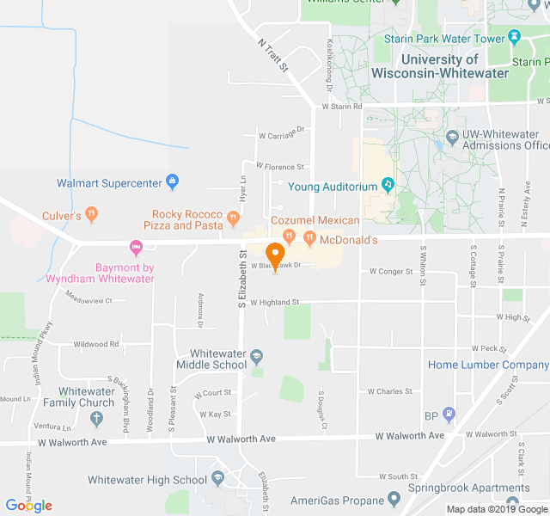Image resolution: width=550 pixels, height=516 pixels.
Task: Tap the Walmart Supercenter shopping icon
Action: click(173, 181)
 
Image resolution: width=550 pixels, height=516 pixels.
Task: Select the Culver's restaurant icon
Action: click(92, 215)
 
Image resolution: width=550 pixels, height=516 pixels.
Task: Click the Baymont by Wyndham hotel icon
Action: click(135, 248)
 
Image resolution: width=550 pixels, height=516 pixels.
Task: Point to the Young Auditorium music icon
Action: click(388, 184)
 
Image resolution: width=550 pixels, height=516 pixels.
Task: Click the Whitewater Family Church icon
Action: click(96, 419)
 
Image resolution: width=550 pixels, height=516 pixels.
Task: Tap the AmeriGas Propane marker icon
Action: click(394, 499)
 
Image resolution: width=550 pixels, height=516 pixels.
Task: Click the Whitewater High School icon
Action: click(218, 479)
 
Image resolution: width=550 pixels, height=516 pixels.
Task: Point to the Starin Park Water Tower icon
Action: click(515, 37)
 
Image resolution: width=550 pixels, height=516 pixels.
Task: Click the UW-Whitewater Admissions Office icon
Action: click(452, 135)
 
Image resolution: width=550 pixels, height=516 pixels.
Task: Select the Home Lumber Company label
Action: click(488, 365)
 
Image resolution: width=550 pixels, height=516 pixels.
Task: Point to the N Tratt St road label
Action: click(273, 53)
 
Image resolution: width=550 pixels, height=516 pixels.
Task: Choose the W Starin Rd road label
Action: click(342, 107)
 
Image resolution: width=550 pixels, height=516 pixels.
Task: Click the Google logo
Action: click(28, 506)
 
